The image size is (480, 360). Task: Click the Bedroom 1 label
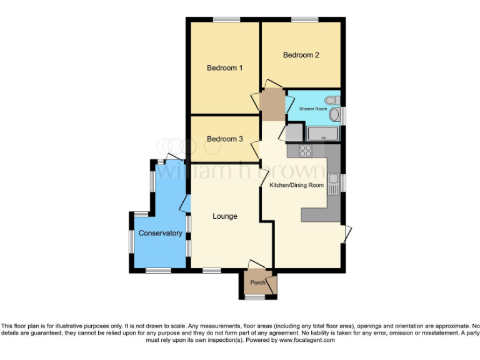pos(224,67)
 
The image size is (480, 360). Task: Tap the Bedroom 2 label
pos(301,55)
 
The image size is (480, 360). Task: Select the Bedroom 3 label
pos(224,139)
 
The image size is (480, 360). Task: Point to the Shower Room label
pos(312,109)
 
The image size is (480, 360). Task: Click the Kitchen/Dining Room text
pos(296,185)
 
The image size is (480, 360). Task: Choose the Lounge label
pos(224,216)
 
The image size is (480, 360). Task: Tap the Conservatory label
pos(160,233)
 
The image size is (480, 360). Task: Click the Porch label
pos(257,282)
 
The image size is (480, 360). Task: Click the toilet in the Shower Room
pos(332,100)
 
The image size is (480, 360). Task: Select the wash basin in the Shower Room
pos(335,115)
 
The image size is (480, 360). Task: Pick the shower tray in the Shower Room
pos(322,133)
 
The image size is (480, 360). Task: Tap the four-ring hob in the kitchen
pos(306,150)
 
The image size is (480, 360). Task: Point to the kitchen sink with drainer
pos(334,184)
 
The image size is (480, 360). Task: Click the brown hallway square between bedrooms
pos(272,106)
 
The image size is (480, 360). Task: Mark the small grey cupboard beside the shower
pos(294,132)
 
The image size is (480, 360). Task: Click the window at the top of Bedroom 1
pos(226,20)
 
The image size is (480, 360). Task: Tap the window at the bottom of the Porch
pos(254,297)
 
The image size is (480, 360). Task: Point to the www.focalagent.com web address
pos(307,340)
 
